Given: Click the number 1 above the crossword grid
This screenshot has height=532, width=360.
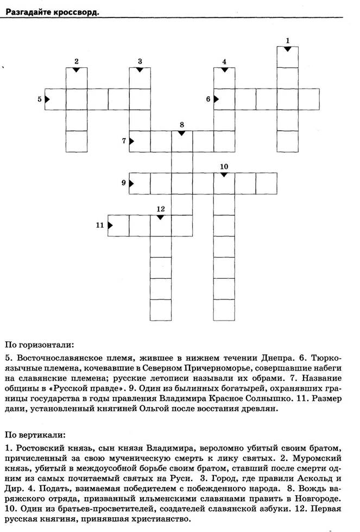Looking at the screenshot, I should pos(287,40).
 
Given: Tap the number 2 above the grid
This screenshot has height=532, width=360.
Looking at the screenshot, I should pos(77,61).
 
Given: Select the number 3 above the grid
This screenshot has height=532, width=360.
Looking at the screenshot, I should pos(140,61).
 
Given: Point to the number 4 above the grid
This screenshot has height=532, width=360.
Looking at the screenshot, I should pos(224,61).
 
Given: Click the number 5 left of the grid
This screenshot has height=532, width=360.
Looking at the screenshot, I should pos(39,99).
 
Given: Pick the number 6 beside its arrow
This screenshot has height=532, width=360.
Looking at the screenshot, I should pos(208,99).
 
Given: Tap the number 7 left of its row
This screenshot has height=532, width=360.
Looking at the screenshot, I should pos(124,141).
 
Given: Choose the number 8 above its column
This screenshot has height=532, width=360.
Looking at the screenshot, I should pos(181,124).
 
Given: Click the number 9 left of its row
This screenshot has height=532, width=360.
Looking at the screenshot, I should pos(124,183).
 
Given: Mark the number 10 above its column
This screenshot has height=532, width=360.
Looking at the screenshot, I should pos(224,166).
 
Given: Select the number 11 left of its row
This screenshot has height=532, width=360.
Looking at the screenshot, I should pos(100,225).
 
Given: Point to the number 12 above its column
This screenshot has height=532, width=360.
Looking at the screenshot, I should pos(160,209).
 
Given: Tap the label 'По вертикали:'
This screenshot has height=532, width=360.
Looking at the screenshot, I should pos(35,435).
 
